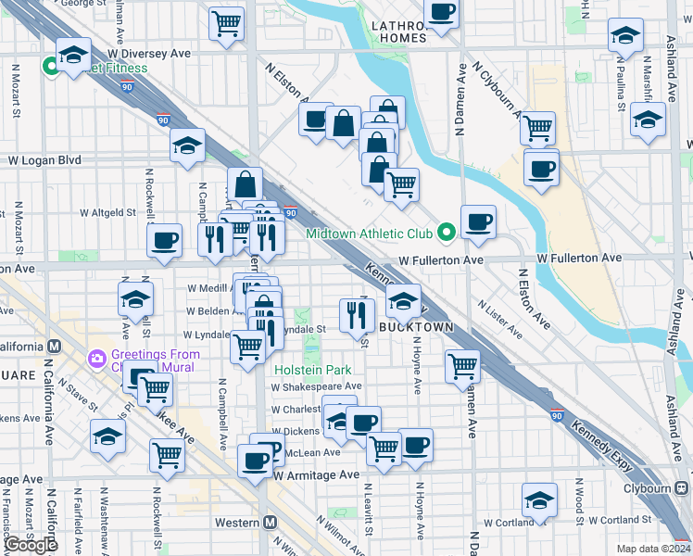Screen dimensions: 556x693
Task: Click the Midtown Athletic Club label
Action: click(x=370, y=234)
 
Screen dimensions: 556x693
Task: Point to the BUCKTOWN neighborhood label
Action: click(x=414, y=328)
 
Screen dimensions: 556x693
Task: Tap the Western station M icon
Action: click(x=270, y=522)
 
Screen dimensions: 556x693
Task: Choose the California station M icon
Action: click(x=54, y=347)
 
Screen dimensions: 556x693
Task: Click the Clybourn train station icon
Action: click(x=682, y=486)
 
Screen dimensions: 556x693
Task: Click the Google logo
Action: click(x=31, y=545)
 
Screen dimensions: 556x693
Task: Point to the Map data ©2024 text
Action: click(x=649, y=549)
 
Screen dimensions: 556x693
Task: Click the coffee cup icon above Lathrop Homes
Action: click(x=442, y=13)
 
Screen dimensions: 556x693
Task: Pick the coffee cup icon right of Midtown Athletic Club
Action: click(x=478, y=221)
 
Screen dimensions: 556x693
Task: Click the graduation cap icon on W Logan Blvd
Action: click(x=187, y=145)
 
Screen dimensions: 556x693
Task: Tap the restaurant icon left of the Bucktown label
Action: click(x=355, y=315)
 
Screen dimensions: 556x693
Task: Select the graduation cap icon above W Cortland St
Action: click(x=539, y=500)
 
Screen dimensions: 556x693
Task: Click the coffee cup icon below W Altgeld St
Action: click(x=165, y=241)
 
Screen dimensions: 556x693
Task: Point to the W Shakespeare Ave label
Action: click(x=317, y=386)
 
